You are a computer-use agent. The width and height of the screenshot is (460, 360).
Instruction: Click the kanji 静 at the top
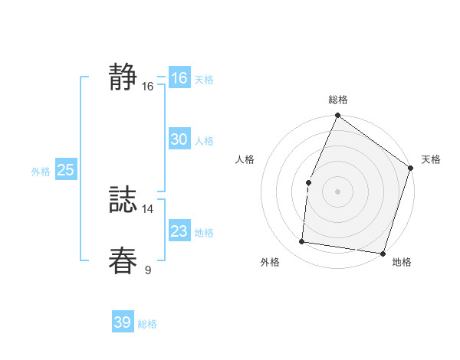tap(123, 77)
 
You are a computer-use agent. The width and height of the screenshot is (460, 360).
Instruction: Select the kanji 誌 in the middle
tap(123, 200)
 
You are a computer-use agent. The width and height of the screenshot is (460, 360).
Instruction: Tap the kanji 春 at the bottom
tap(123, 260)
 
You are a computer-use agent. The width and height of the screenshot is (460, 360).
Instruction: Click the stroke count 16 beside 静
tap(148, 87)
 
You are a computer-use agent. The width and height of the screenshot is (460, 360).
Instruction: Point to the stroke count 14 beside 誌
tap(148, 209)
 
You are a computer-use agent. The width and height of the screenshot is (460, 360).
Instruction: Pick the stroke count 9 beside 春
tap(148, 270)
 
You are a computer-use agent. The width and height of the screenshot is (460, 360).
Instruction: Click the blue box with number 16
tap(179, 78)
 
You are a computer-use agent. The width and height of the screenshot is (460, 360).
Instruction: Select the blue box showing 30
tap(179, 139)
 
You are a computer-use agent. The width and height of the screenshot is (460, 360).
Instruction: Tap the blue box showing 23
tap(179, 231)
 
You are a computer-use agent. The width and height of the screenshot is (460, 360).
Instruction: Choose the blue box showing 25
tap(65, 170)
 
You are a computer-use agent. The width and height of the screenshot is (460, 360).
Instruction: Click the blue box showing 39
tap(122, 322)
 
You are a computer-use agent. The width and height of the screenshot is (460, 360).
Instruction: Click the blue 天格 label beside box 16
tap(204, 80)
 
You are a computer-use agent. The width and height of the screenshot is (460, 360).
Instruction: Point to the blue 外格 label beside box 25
tap(41, 172)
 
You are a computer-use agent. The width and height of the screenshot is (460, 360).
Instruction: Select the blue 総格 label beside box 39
tap(147, 324)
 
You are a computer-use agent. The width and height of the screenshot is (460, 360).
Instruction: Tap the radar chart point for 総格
tap(337, 116)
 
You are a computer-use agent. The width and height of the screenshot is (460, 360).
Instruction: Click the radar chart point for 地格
tap(382, 253)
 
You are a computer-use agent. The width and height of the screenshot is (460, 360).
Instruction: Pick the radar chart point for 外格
tap(302, 242)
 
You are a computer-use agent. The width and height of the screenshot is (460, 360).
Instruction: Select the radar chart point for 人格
tap(308, 182)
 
